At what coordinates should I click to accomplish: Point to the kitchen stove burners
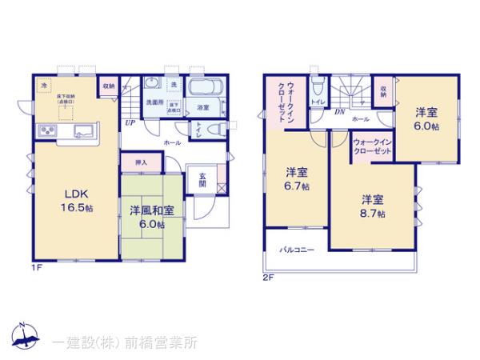(x=46, y=132)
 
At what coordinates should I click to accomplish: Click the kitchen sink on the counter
(x=84, y=131)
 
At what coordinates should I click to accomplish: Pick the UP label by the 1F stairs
(x=129, y=123)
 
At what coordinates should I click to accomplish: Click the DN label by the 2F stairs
(x=339, y=112)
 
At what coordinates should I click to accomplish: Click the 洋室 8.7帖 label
(x=372, y=206)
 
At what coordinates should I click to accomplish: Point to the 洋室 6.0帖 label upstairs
(x=425, y=118)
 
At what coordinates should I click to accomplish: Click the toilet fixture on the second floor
(x=318, y=86)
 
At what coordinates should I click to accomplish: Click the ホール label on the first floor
(x=172, y=142)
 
